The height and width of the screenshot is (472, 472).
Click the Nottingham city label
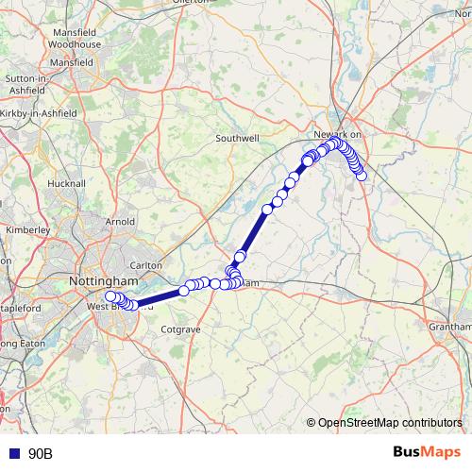pyautogui.click(x=104, y=281)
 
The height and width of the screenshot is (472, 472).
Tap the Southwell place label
pyautogui.click(x=237, y=138)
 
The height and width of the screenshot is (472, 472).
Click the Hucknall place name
pyautogui.click(x=66, y=183)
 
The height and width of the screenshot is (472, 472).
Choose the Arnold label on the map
pyautogui.click(x=121, y=222)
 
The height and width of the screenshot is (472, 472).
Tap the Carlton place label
pyautogui.click(x=146, y=266)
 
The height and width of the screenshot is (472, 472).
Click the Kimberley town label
pyautogui.click(x=28, y=229)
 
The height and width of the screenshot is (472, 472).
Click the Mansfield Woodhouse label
pyautogui.click(x=75, y=38)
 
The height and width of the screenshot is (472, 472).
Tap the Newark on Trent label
pyautogui.click(x=338, y=135)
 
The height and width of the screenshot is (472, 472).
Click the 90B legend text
pyautogui.click(x=41, y=454)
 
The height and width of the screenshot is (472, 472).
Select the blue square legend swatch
pyautogui.click(x=14, y=454)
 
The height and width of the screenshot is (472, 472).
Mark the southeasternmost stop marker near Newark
pyautogui.click(x=361, y=176)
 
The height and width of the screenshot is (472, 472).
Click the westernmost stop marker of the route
pyautogui.click(x=110, y=296)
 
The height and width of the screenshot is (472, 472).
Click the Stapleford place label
pyautogui.click(x=21, y=308)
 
